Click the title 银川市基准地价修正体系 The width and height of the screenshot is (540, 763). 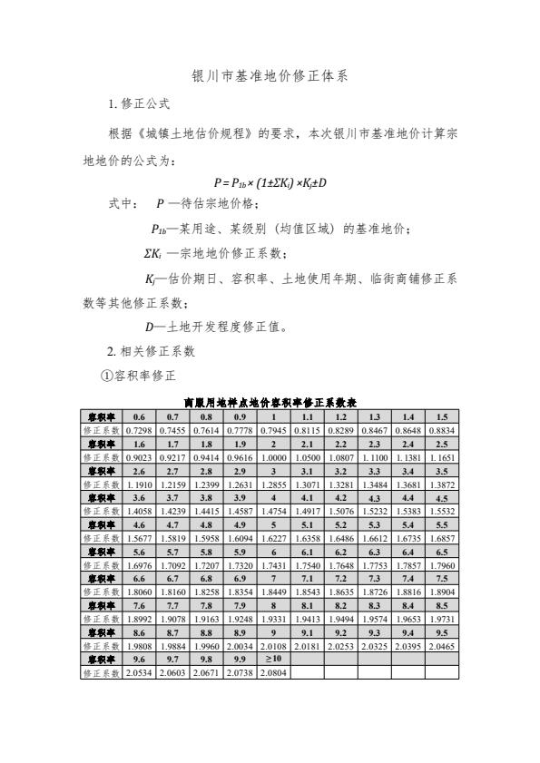pos(270,78)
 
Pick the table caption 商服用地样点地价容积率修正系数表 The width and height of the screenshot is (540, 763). pos(270,400)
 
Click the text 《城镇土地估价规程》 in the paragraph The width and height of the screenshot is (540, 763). pos(191,133)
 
